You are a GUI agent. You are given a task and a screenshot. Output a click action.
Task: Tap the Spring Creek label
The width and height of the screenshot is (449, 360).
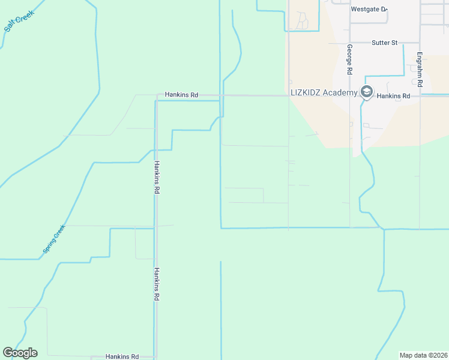53,239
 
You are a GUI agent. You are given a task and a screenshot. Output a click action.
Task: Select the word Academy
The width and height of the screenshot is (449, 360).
340,92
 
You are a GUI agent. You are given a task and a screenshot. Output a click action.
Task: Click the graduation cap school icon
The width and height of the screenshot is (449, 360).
366,92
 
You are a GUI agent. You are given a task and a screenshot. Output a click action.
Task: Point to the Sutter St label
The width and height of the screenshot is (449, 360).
385,43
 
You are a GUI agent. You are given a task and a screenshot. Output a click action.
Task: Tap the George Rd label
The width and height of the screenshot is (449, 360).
349,59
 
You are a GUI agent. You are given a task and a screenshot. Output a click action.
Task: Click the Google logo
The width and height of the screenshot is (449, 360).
20,353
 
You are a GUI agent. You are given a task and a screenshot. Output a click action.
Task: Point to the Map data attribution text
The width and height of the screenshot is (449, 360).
423,355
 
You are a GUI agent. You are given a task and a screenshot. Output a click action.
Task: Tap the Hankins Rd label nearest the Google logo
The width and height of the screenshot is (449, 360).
122,356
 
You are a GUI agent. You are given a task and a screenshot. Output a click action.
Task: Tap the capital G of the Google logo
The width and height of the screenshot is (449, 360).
8,353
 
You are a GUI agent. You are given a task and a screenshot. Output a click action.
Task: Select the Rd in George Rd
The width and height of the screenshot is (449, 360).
349,70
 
